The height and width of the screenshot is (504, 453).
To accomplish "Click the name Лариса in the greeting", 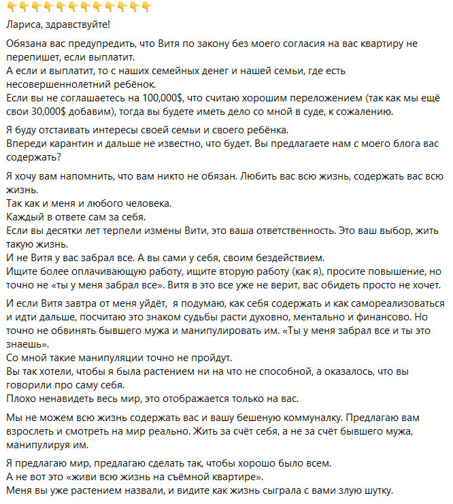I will pyautogui.click(x=23, y=25).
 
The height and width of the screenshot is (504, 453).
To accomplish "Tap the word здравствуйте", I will pyautogui.click(x=73, y=25).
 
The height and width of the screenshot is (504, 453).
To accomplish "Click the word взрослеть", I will pyautogui.click(x=31, y=431).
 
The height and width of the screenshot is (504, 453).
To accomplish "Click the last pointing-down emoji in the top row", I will pyautogui.click(x=146, y=7).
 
